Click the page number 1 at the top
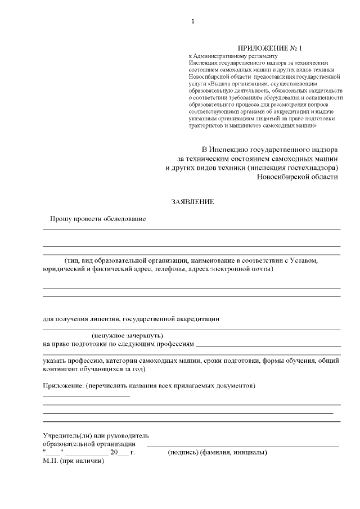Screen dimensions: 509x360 (x=193, y=21)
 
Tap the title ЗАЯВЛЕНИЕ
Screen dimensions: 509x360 (x=193, y=201)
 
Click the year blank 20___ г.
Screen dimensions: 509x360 (x=123, y=453)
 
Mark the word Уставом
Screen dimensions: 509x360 (x=304, y=261)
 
